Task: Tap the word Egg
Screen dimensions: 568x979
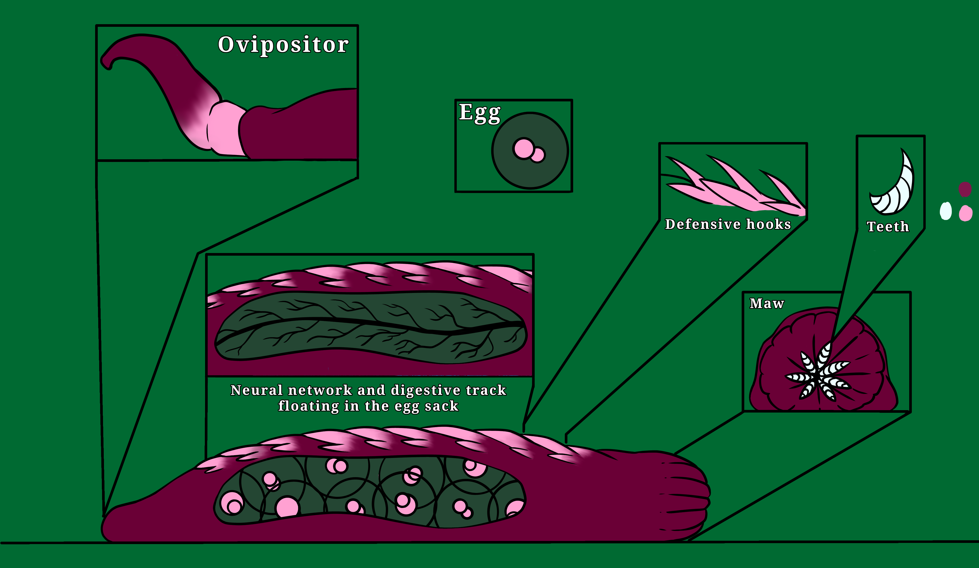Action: (x=479, y=113)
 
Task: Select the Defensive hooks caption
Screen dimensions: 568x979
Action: (x=728, y=224)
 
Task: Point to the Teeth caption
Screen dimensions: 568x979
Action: (x=888, y=226)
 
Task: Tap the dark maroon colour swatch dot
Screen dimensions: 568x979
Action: (x=965, y=189)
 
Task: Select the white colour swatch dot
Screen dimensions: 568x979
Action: (x=946, y=211)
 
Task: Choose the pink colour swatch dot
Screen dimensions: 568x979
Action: (x=965, y=213)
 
